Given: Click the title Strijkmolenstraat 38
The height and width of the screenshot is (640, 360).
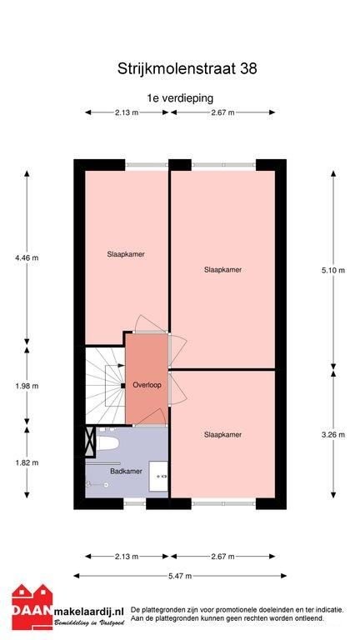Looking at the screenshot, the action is (187, 68).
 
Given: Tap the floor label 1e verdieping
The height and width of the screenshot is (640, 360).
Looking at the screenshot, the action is (180, 98).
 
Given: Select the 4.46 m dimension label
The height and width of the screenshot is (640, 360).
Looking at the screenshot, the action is (27, 257).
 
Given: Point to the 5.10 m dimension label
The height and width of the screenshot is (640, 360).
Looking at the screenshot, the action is (333, 270).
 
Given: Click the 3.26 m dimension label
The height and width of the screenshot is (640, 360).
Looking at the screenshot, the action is (333, 435).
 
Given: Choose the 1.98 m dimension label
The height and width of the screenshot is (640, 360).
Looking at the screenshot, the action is (27, 386).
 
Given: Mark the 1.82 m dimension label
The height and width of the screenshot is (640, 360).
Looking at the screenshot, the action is (27, 462).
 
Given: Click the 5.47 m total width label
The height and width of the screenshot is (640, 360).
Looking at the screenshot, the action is (180, 576).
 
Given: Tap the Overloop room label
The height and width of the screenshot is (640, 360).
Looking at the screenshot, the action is (147, 385).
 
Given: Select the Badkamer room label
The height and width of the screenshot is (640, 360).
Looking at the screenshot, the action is (126, 471).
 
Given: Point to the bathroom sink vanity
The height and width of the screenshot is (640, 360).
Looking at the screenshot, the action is (158, 477).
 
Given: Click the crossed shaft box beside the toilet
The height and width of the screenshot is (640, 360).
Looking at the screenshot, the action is (90, 442).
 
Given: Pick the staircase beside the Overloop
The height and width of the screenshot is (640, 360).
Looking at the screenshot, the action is (105, 385).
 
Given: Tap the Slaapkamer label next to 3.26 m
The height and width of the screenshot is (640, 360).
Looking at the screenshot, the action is (222, 435).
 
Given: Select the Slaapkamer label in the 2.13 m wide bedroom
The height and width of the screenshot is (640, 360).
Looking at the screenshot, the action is (126, 254).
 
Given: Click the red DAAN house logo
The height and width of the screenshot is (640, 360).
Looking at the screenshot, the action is (32, 607).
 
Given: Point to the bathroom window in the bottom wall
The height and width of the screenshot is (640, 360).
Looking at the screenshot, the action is (135, 503).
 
